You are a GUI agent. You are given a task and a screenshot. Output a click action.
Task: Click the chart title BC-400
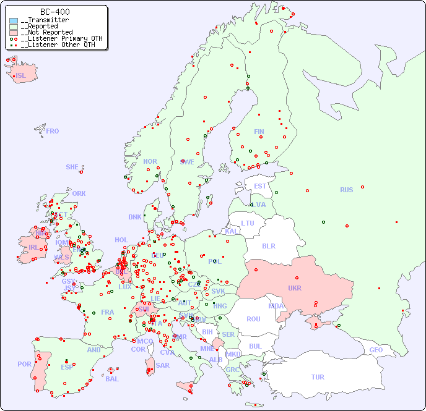pyautogui.click(x=54, y=12)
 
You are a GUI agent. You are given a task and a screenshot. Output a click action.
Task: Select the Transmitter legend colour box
pyautogui.click(x=14, y=20)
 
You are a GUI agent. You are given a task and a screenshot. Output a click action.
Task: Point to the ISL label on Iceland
pyautogui.click(x=21, y=76)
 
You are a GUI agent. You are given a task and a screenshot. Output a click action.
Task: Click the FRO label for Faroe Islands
pyautogui.click(x=53, y=131)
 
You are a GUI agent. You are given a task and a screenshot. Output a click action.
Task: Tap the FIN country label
pyautogui.click(x=259, y=132)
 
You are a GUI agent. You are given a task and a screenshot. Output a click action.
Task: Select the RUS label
pyautogui.click(x=346, y=190)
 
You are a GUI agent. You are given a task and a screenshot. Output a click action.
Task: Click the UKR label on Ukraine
pyautogui.click(x=295, y=288)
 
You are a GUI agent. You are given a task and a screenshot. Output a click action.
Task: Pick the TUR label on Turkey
pyautogui.click(x=318, y=377)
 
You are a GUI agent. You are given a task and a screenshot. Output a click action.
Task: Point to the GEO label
pyautogui.click(x=376, y=350)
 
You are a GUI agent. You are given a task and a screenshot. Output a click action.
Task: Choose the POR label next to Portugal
pyautogui.click(x=24, y=364)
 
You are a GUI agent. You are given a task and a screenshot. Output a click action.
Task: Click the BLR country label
pyautogui.click(x=269, y=246)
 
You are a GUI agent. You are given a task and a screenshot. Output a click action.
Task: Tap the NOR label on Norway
pyautogui.click(x=150, y=161)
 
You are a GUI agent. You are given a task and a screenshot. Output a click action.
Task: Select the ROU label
pyautogui.click(x=253, y=319)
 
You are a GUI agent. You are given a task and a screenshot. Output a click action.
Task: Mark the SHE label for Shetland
pyautogui.click(x=72, y=167)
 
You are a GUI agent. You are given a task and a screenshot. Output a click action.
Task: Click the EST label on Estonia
pyautogui.click(x=260, y=186)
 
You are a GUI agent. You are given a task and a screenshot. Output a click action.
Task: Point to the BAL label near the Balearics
pyautogui.click(x=112, y=379)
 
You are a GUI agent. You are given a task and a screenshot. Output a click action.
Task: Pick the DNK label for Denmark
pyautogui.click(x=135, y=217)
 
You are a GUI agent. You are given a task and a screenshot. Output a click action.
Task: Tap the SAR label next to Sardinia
pyautogui.click(x=163, y=365)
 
